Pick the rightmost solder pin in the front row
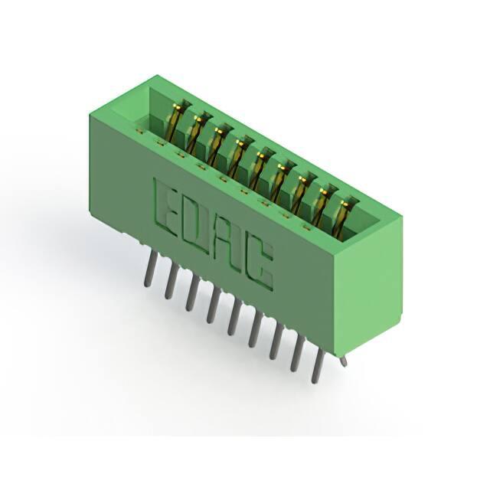click(317, 365)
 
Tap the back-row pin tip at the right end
click(344, 362)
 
